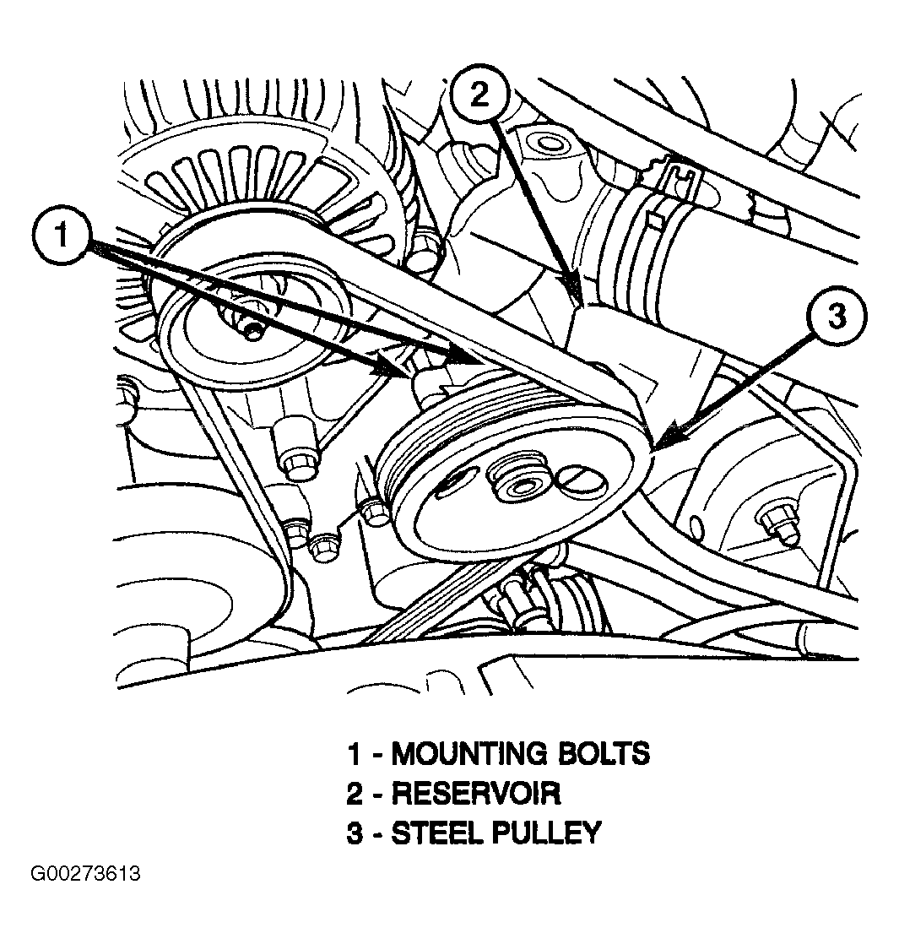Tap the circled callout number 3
(836, 318)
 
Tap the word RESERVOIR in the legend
(475, 793)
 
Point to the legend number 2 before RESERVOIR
(355, 793)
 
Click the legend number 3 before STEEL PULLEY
(355, 833)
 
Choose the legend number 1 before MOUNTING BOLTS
(355, 752)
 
